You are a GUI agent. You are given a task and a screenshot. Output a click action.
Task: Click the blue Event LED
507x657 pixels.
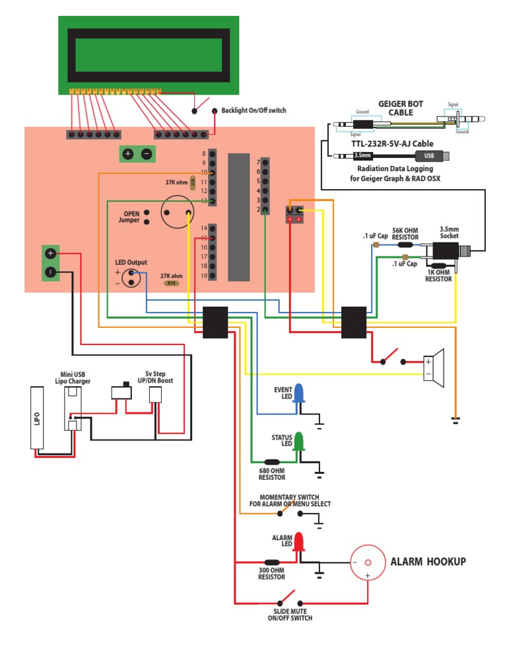pyautogui.click(x=299, y=393)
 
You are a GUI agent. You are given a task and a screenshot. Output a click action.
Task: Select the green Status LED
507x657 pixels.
pyautogui.click(x=299, y=442)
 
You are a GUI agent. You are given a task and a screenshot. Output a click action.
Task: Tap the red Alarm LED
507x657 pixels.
pyautogui.click(x=299, y=542)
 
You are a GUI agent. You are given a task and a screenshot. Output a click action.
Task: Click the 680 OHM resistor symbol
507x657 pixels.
pyautogui.click(x=271, y=462)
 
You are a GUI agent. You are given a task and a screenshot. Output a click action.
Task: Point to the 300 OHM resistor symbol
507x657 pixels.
pyautogui.click(x=271, y=562)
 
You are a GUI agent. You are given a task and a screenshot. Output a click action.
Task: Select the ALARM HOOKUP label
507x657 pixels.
pyautogui.click(x=428, y=562)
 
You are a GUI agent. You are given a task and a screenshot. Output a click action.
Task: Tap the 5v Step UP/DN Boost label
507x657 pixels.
pyautogui.click(x=155, y=377)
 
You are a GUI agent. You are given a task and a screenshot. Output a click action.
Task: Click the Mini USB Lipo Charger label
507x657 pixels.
pyautogui.click(x=73, y=378)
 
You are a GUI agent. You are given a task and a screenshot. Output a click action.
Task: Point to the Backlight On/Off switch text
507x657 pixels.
pyautogui.click(x=253, y=110)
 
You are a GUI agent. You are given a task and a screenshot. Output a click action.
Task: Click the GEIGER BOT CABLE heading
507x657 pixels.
pyautogui.click(x=400, y=108)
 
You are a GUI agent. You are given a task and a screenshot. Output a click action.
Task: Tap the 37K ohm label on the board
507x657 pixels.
pyautogui.click(x=177, y=182)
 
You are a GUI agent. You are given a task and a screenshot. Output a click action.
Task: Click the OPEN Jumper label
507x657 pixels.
pyautogui.click(x=131, y=217)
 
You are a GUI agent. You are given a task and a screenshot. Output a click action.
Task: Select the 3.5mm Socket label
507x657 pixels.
pyautogui.click(x=449, y=233)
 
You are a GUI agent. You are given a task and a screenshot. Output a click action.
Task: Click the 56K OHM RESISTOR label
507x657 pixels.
pyautogui.click(x=405, y=233)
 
